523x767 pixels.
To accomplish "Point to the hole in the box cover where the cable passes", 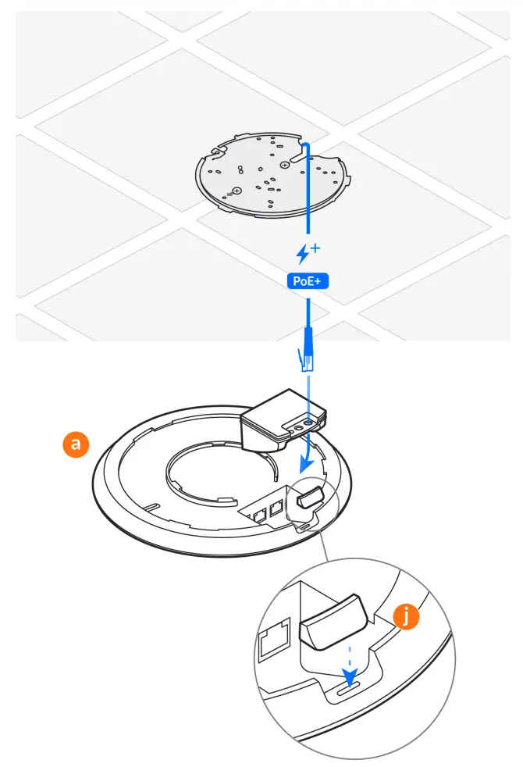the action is click(311, 422).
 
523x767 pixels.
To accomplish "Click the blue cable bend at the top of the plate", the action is click(305, 145).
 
